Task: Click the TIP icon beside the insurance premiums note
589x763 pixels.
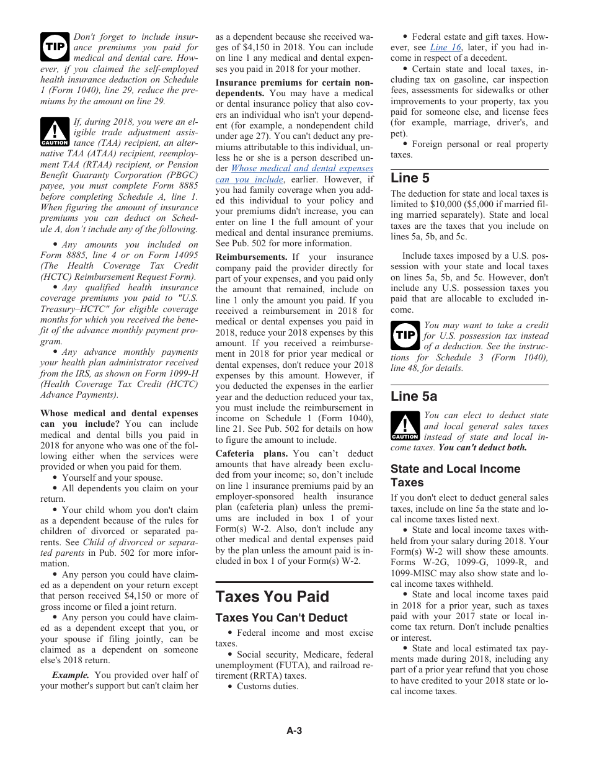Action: point(55,47)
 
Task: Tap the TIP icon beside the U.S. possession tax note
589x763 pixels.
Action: point(405,336)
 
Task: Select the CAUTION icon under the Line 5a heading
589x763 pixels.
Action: point(405,426)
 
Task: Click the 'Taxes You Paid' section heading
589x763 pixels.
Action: point(272,596)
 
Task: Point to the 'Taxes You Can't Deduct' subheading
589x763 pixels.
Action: point(281,618)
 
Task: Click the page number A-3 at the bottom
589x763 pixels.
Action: point(294,731)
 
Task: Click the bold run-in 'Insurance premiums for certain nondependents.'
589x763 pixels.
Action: point(294,88)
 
